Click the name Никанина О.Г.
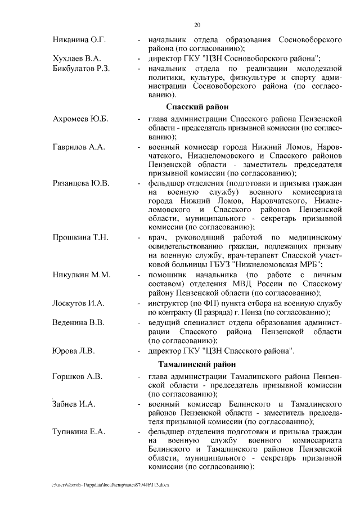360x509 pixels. tap(79, 40)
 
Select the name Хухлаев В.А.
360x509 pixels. tap(77, 58)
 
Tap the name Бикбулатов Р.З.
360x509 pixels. tap(82, 68)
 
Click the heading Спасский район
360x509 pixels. tap(196, 107)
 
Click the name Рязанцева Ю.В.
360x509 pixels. tap(81, 183)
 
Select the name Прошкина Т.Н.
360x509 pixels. tap(80, 237)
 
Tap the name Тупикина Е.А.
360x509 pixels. tap(77, 431)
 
